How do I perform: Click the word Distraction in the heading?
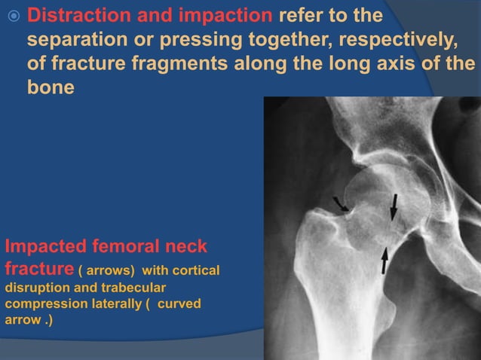(x=77, y=16)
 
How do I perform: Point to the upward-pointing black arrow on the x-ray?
(x=385, y=261)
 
